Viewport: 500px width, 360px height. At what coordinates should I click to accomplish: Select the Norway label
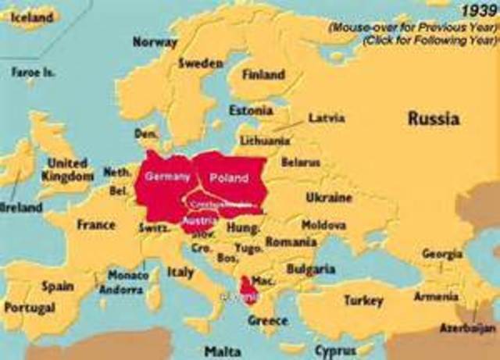pos(155,42)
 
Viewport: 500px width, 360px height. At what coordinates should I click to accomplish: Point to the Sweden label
pos(201,63)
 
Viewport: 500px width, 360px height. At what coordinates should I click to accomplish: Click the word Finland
pos(263,75)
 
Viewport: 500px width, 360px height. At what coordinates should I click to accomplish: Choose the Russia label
pos(433,119)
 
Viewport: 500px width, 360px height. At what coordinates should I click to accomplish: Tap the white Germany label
pos(167,177)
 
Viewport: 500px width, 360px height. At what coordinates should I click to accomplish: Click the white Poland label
pos(229,178)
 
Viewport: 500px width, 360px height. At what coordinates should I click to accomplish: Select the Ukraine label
pos(328,197)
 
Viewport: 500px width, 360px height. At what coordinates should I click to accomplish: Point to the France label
pos(95,225)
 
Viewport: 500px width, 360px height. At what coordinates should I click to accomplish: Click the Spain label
pos(57,287)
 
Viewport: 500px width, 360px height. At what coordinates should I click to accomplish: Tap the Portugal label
pos(30,308)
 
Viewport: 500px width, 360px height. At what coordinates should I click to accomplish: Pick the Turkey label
pos(363,300)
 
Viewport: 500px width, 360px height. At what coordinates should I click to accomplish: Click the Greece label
pos(267,320)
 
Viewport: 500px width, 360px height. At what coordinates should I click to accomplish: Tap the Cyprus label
pos(335,351)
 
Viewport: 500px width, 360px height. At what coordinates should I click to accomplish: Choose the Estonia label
pos(251,110)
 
